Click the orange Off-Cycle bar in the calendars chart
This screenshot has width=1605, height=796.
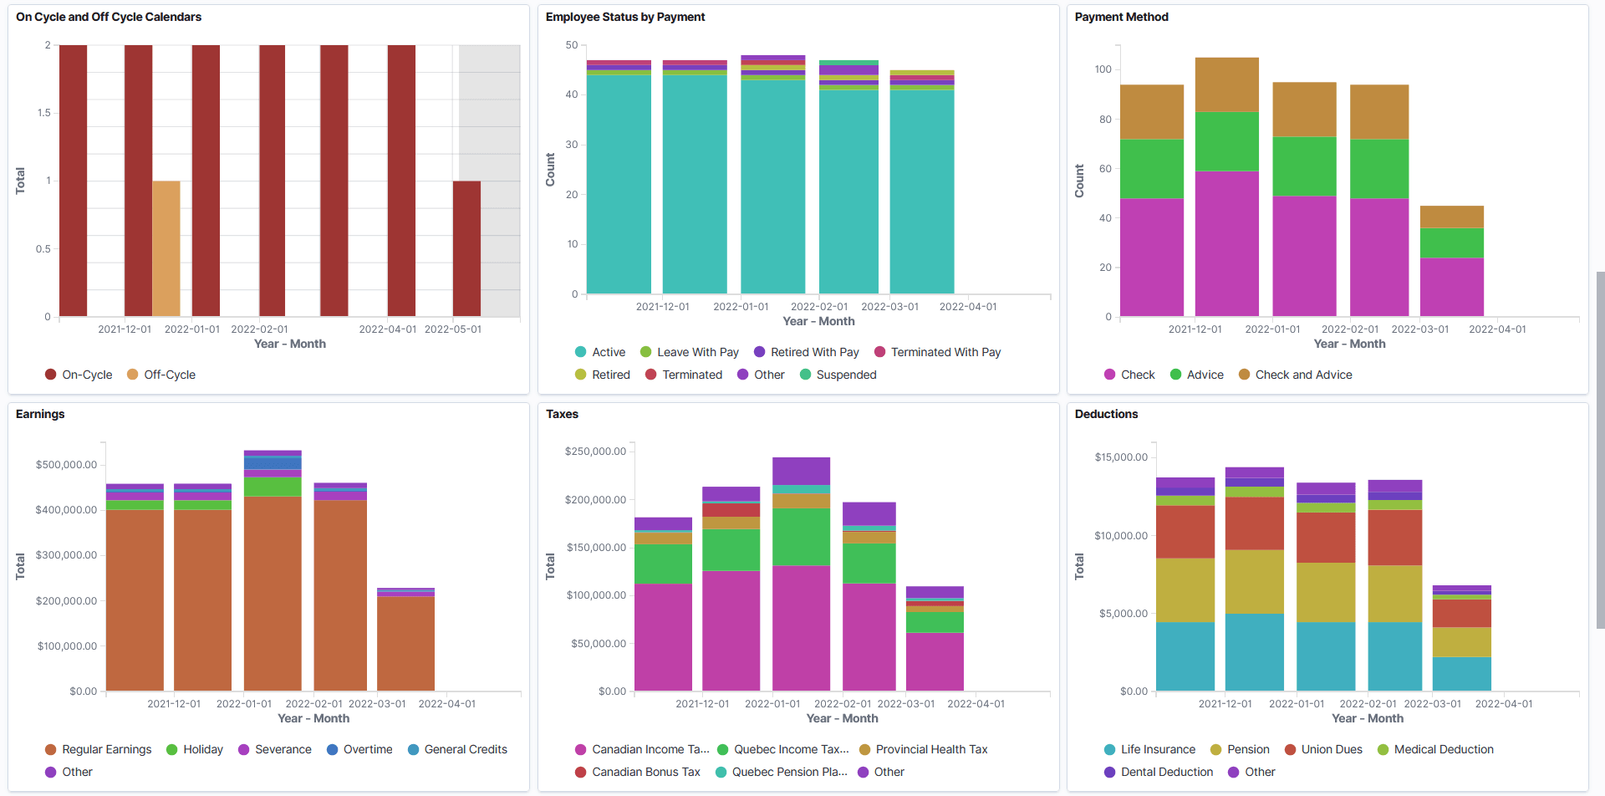coord(166,248)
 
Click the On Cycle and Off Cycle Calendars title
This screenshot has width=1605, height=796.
coord(109,17)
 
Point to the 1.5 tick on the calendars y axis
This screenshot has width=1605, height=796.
coord(43,113)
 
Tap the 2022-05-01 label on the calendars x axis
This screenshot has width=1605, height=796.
coord(452,329)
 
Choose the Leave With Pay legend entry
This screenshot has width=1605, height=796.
coord(697,352)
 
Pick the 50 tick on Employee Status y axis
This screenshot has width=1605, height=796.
coord(572,45)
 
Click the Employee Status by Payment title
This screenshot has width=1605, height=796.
coord(625,17)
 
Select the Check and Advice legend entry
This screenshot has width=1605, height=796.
coord(1303,375)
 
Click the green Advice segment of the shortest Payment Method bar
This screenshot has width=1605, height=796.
coord(1451,242)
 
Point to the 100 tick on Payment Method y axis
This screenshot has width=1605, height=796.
coord(1103,69)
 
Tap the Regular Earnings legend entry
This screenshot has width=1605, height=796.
coord(106,749)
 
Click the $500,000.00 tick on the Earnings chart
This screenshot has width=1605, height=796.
coord(66,465)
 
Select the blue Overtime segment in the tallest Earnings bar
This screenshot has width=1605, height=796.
coord(273,462)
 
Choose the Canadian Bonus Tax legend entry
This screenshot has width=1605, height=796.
coord(645,772)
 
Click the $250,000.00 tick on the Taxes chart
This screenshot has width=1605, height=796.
coord(595,452)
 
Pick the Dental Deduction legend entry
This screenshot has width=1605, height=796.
coord(1166,772)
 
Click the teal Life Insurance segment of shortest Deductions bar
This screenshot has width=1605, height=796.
coord(1461,673)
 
